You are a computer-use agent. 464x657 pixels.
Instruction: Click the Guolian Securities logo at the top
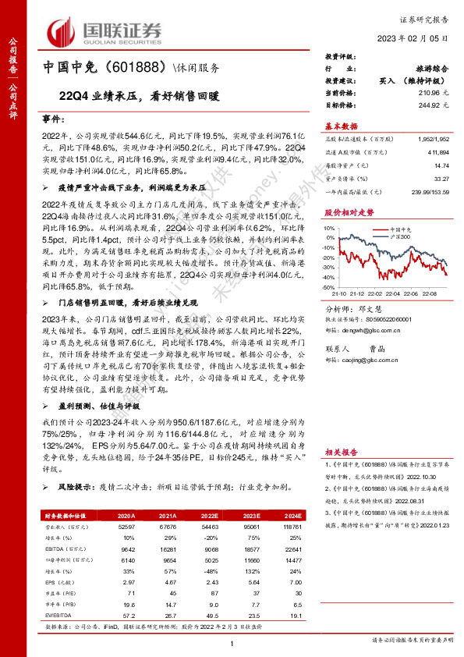pos(105,30)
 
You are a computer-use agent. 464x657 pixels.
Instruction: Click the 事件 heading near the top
pos(52,123)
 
